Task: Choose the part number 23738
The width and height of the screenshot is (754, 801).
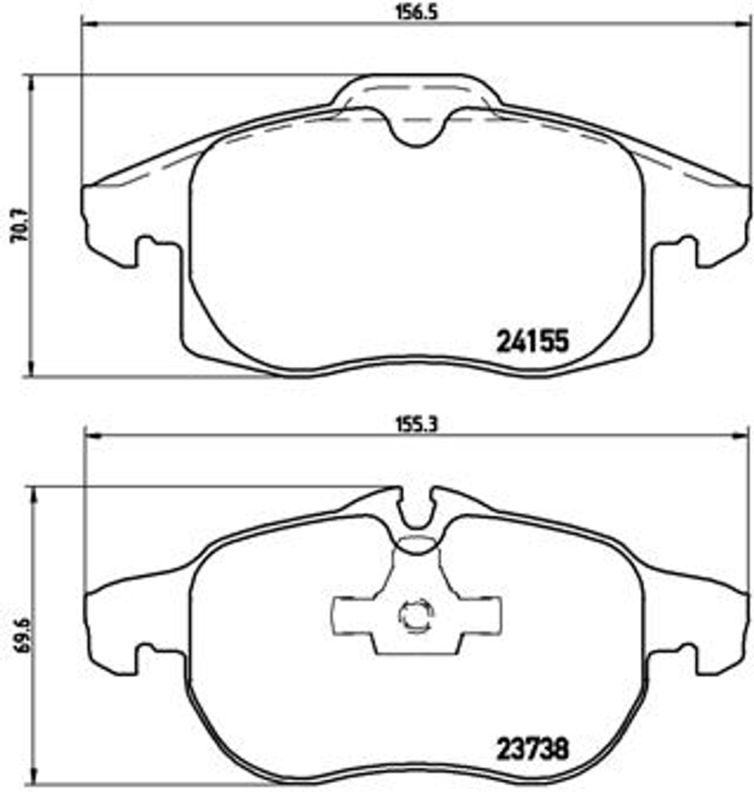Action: coord(532,749)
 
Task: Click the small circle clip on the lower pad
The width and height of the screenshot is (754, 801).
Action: coord(413,616)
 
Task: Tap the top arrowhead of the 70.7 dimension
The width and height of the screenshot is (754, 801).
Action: coord(31,80)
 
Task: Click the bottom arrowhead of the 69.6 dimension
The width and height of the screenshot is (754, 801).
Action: coord(31,784)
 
